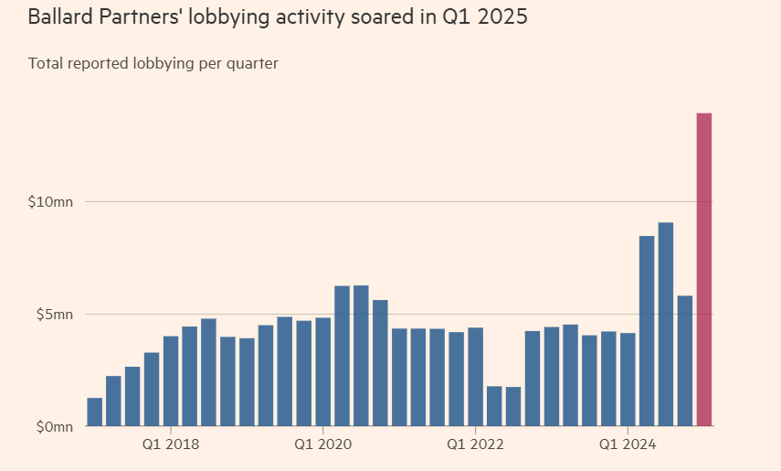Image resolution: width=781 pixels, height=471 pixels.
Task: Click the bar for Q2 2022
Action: [494, 406]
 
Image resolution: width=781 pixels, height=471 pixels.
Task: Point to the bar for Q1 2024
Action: [628, 380]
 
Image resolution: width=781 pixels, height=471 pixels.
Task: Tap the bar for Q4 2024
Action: [685, 361]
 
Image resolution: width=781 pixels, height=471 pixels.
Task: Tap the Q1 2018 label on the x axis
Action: [171, 447]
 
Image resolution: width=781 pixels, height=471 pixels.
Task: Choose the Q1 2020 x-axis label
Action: [322, 447]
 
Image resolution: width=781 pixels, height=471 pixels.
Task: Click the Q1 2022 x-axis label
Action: [475, 447]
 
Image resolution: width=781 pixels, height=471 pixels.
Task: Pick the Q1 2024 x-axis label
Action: [628, 447]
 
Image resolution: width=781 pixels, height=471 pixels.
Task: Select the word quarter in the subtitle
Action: [253, 64]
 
